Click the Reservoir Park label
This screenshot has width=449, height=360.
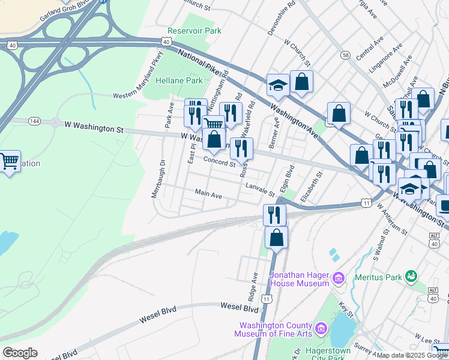pyautogui.click(x=195, y=31)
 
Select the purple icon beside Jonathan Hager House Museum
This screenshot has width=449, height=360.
pyautogui.click(x=339, y=278)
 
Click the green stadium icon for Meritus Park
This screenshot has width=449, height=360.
pyautogui.click(x=411, y=277)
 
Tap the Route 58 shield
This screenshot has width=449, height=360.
pyautogui.click(x=345, y=55)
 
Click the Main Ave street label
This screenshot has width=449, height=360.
pyautogui.click(x=208, y=195)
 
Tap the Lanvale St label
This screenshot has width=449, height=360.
pyautogui.click(x=260, y=190)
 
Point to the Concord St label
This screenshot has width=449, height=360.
pyautogui.click(x=219, y=162)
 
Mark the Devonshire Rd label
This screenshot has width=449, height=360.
pyautogui.click(x=282, y=18)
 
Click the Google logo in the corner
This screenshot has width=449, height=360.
pyautogui.click(x=20, y=353)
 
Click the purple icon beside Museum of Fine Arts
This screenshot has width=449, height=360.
pyautogui.click(x=321, y=328)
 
